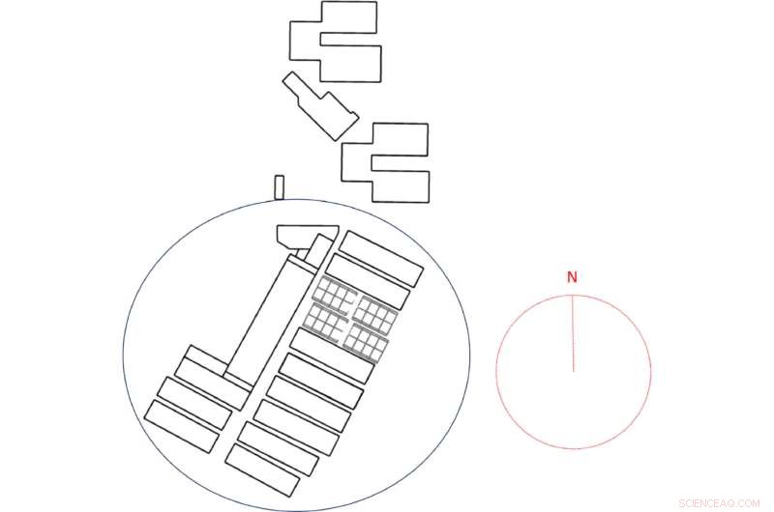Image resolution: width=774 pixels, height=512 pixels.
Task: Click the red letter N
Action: [572, 277]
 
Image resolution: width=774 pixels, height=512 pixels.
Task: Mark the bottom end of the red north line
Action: [574, 370]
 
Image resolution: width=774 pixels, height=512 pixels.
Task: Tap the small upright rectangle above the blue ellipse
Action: [280, 186]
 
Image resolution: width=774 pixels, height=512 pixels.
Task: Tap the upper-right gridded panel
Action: [374, 314]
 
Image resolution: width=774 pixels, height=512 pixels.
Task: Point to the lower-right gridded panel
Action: [366, 340]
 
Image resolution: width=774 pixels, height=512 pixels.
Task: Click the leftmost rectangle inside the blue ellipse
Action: [188, 425]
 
